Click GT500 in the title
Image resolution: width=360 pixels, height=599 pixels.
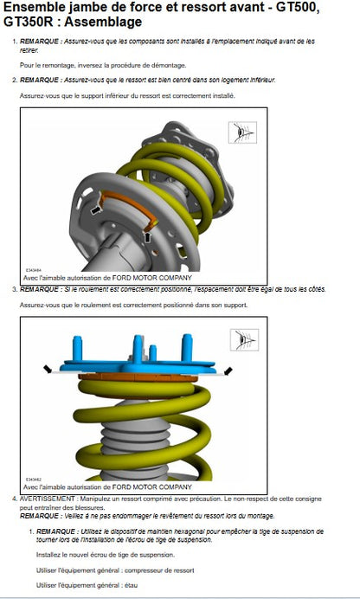(297, 7)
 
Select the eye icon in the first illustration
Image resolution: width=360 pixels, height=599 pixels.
(242, 132)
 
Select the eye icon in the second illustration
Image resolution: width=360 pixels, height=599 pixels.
(244, 339)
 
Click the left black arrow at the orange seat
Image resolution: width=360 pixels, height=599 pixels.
(95, 209)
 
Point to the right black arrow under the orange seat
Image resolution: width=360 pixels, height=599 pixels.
(148, 237)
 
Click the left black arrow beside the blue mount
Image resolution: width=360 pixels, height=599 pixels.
(48, 369)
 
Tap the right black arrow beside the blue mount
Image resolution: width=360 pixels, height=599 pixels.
(228, 370)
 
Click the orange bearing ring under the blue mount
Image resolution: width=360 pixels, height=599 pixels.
(138, 377)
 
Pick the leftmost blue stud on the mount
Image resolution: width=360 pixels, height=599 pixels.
(78, 348)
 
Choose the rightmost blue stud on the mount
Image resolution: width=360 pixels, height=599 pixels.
(187, 347)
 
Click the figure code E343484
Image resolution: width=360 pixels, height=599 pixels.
(34, 270)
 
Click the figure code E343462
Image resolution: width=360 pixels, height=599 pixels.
(34, 479)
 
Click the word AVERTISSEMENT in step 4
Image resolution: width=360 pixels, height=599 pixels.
(48, 499)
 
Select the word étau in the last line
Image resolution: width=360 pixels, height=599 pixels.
(131, 585)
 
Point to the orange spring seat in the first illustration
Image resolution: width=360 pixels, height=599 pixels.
(129, 209)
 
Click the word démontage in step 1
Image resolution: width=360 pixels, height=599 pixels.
(170, 65)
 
